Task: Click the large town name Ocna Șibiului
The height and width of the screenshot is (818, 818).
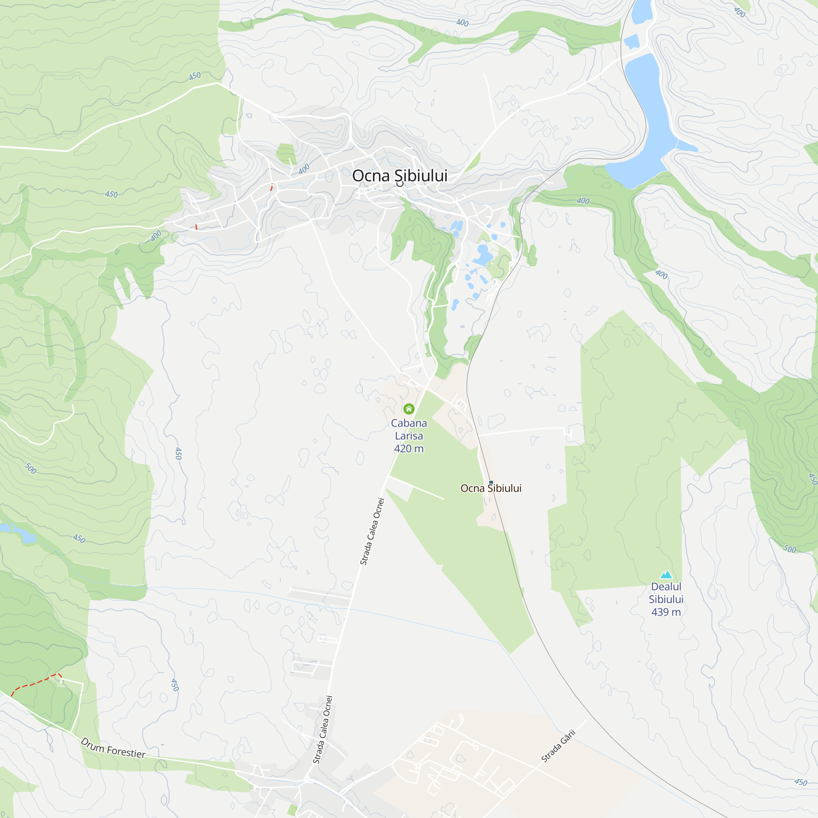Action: point(399,176)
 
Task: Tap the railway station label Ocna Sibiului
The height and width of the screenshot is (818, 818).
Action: point(491,488)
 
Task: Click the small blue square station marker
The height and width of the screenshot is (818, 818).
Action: point(491,482)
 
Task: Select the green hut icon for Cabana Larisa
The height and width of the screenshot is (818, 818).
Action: point(409,409)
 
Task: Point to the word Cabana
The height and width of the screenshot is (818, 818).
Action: point(409,423)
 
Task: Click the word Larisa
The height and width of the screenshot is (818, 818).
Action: point(409,436)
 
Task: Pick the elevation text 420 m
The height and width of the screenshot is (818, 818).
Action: point(409,448)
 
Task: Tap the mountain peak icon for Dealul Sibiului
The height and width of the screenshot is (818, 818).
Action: point(666,575)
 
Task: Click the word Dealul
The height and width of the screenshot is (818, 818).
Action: point(666,587)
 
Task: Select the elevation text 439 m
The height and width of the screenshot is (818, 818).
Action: point(666,612)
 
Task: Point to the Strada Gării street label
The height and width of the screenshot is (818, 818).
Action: point(558,746)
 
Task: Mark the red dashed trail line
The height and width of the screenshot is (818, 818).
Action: point(34,682)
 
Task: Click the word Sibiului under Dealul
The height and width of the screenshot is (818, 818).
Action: point(666,599)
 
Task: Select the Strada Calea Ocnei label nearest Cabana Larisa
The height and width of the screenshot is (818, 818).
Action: point(372,531)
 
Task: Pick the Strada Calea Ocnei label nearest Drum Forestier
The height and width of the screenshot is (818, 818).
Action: point(323,730)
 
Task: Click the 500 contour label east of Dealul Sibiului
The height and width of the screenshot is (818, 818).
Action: point(789,549)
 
